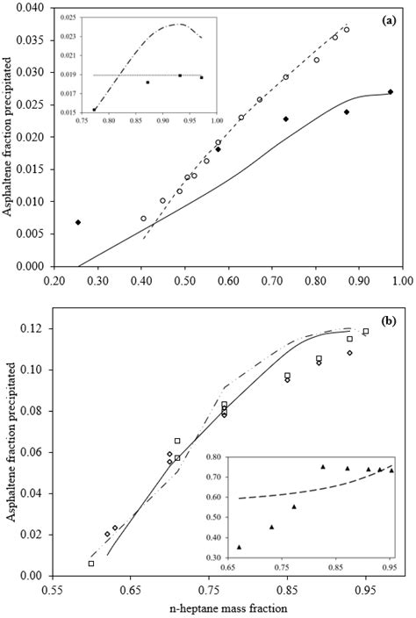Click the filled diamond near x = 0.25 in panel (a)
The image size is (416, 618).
78,222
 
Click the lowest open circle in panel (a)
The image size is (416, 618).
144,219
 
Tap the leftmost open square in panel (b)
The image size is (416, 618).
91,564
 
